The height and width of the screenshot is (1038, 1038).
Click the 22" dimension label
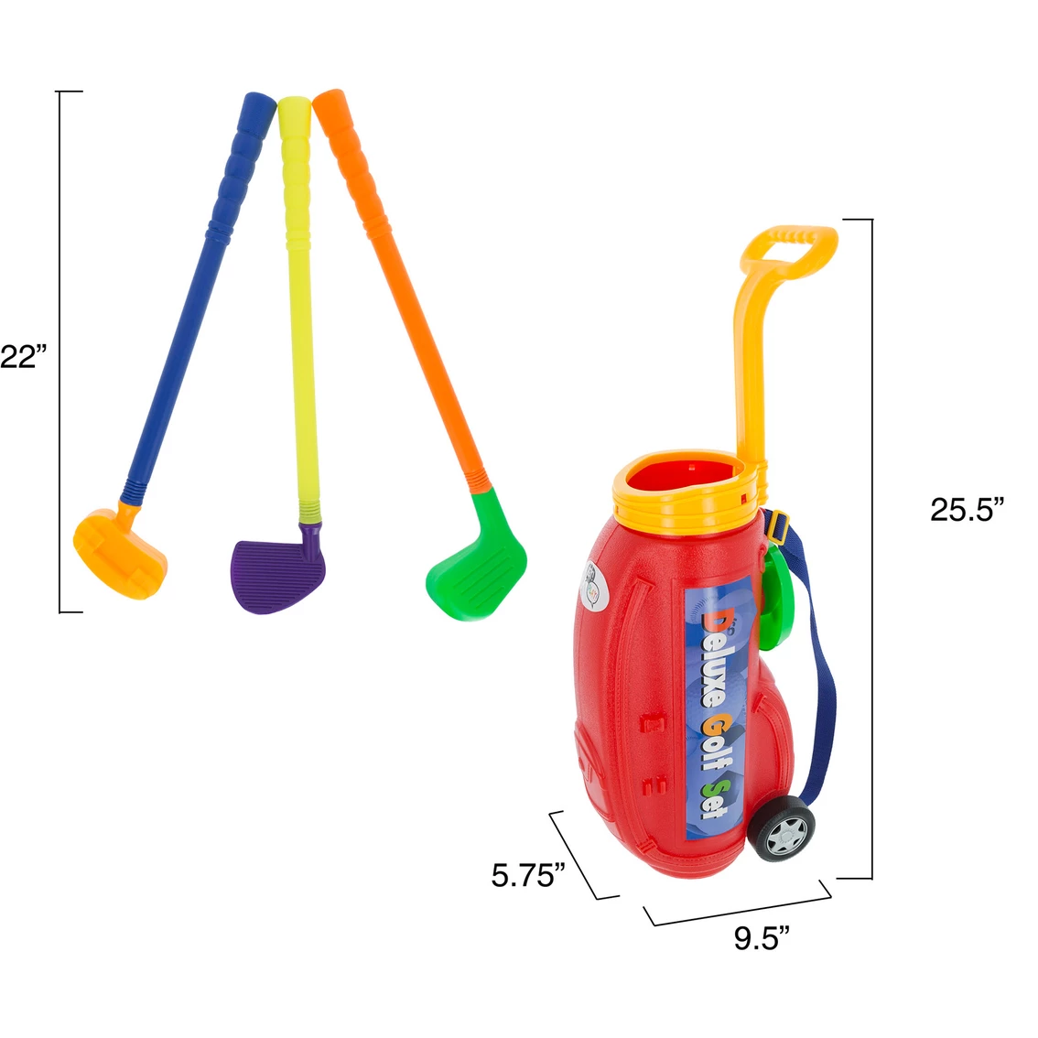pos(24,358)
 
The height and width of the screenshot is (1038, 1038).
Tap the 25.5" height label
pos(968,510)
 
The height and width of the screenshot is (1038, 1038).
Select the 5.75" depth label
pos(528,875)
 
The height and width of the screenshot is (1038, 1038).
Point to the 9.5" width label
pos(762,938)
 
